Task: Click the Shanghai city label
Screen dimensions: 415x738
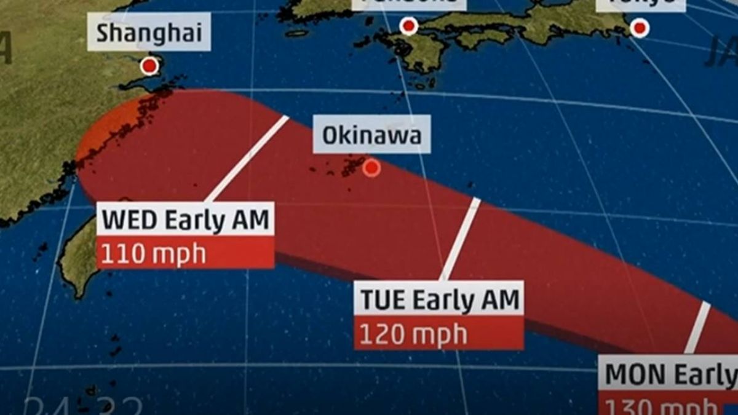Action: tap(149, 34)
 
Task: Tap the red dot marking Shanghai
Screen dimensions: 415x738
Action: tap(149, 66)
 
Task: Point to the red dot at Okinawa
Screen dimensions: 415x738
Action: tap(371, 168)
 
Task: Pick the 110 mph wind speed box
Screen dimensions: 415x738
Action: tap(185, 253)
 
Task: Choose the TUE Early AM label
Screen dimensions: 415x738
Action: tap(439, 299)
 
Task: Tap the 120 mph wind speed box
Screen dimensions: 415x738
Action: tap(439, 334)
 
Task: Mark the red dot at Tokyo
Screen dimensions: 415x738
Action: tap(640, 28)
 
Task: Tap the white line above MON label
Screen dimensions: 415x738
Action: tap(698, 327)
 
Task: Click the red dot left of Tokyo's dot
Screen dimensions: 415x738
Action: tap(408, 26)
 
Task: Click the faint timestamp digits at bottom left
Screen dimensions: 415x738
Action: tap(83, 406)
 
